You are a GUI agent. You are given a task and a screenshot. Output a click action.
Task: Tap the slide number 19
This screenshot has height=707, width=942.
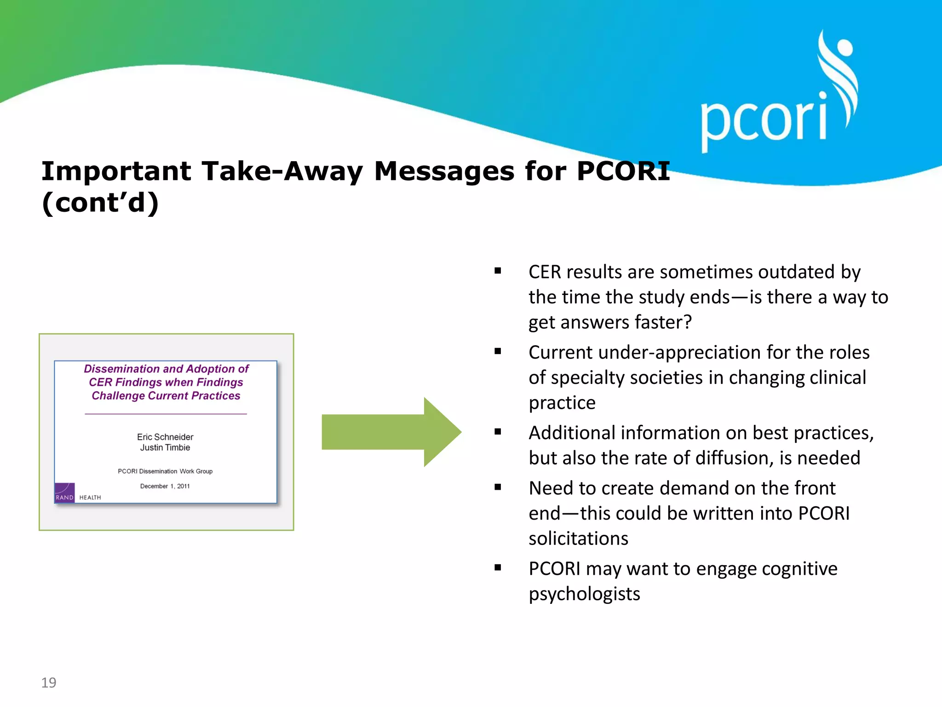point(49,682)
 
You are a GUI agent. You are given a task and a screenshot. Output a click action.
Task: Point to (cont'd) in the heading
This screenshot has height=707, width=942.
point(100,203)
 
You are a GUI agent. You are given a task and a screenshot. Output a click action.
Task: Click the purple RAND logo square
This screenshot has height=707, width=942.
point(64,493)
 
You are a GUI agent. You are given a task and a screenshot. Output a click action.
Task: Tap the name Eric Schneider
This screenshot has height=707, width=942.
point(165,437)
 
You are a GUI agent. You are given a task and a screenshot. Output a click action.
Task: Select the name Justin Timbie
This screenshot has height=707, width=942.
point(165,447)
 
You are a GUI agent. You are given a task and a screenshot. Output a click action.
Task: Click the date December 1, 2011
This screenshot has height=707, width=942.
point(165,486)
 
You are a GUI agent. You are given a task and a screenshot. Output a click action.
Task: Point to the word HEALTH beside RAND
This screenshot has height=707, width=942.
point(90,498)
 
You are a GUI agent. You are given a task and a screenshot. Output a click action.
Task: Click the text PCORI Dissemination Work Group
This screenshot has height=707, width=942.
point(165,471)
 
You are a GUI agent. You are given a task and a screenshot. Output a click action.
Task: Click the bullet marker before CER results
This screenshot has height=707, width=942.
point(498,271)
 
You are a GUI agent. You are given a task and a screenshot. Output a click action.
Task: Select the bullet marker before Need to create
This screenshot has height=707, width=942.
point(498,487)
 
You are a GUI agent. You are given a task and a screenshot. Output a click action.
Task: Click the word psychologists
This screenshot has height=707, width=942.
point(584,594)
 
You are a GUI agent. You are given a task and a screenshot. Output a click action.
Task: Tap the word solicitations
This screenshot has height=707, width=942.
point(578,539)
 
